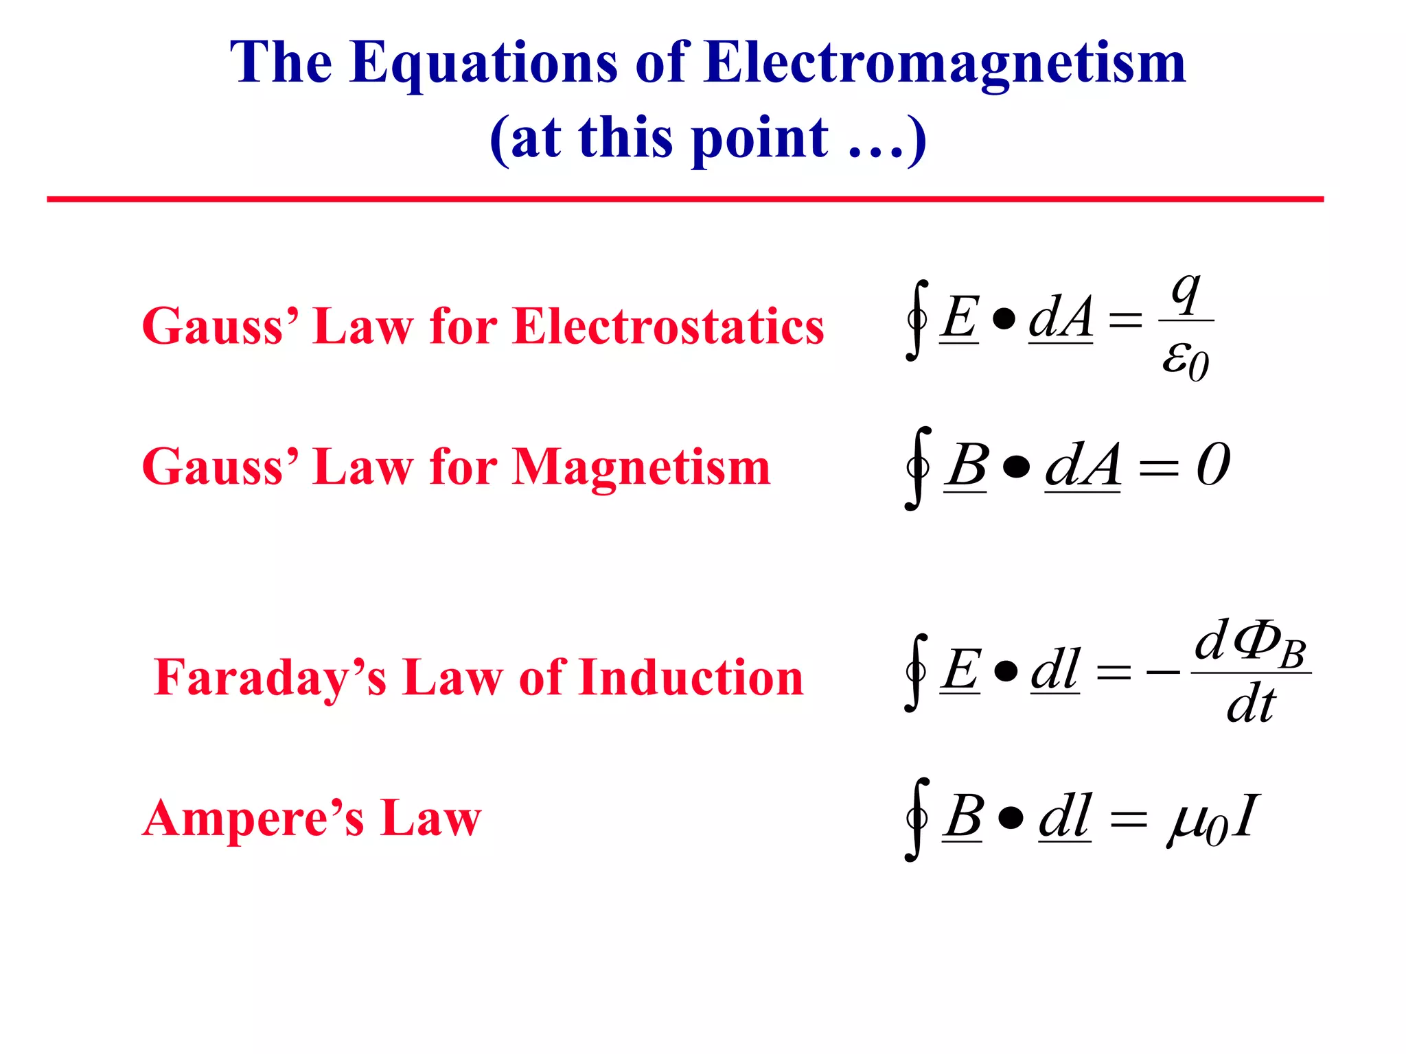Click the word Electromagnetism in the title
pos(945,63)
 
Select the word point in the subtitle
pos(760,139)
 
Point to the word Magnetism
pos(641,467)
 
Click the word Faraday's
pos(270,678)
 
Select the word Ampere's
pos(253,819)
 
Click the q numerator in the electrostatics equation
pos(1186,292)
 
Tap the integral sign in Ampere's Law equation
pos(917,819)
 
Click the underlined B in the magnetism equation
pos(966,466)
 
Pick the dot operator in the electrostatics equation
pos(1004,319)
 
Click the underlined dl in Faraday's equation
pos(1055,670)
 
